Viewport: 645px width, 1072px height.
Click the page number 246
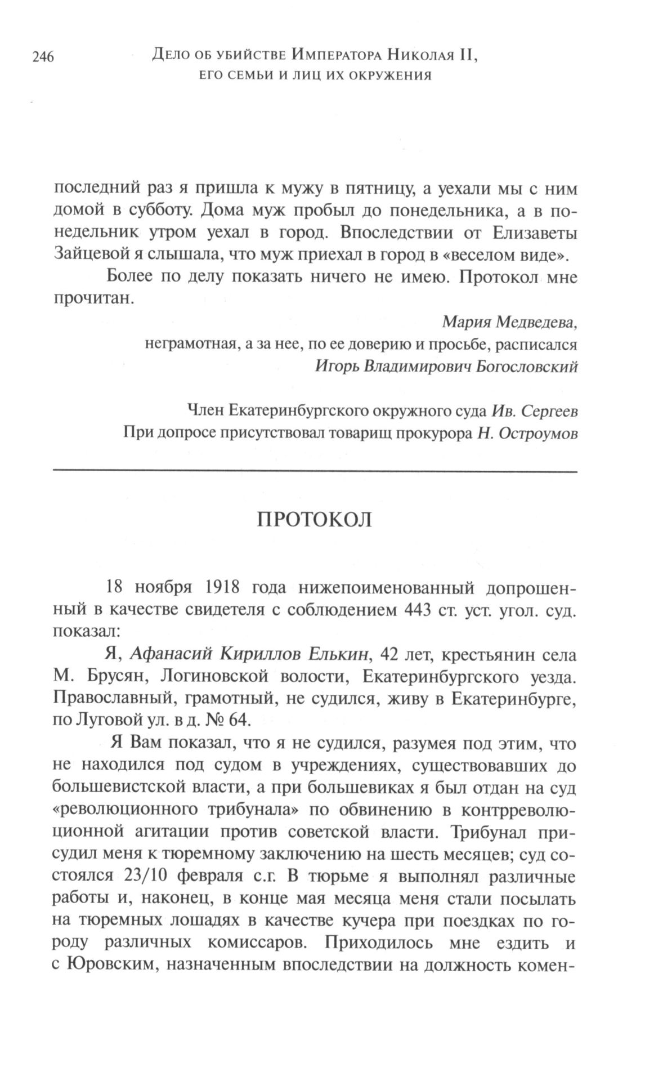(43, 57)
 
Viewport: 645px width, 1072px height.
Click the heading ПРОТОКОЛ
(315, 520)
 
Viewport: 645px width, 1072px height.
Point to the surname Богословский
(527, 367)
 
